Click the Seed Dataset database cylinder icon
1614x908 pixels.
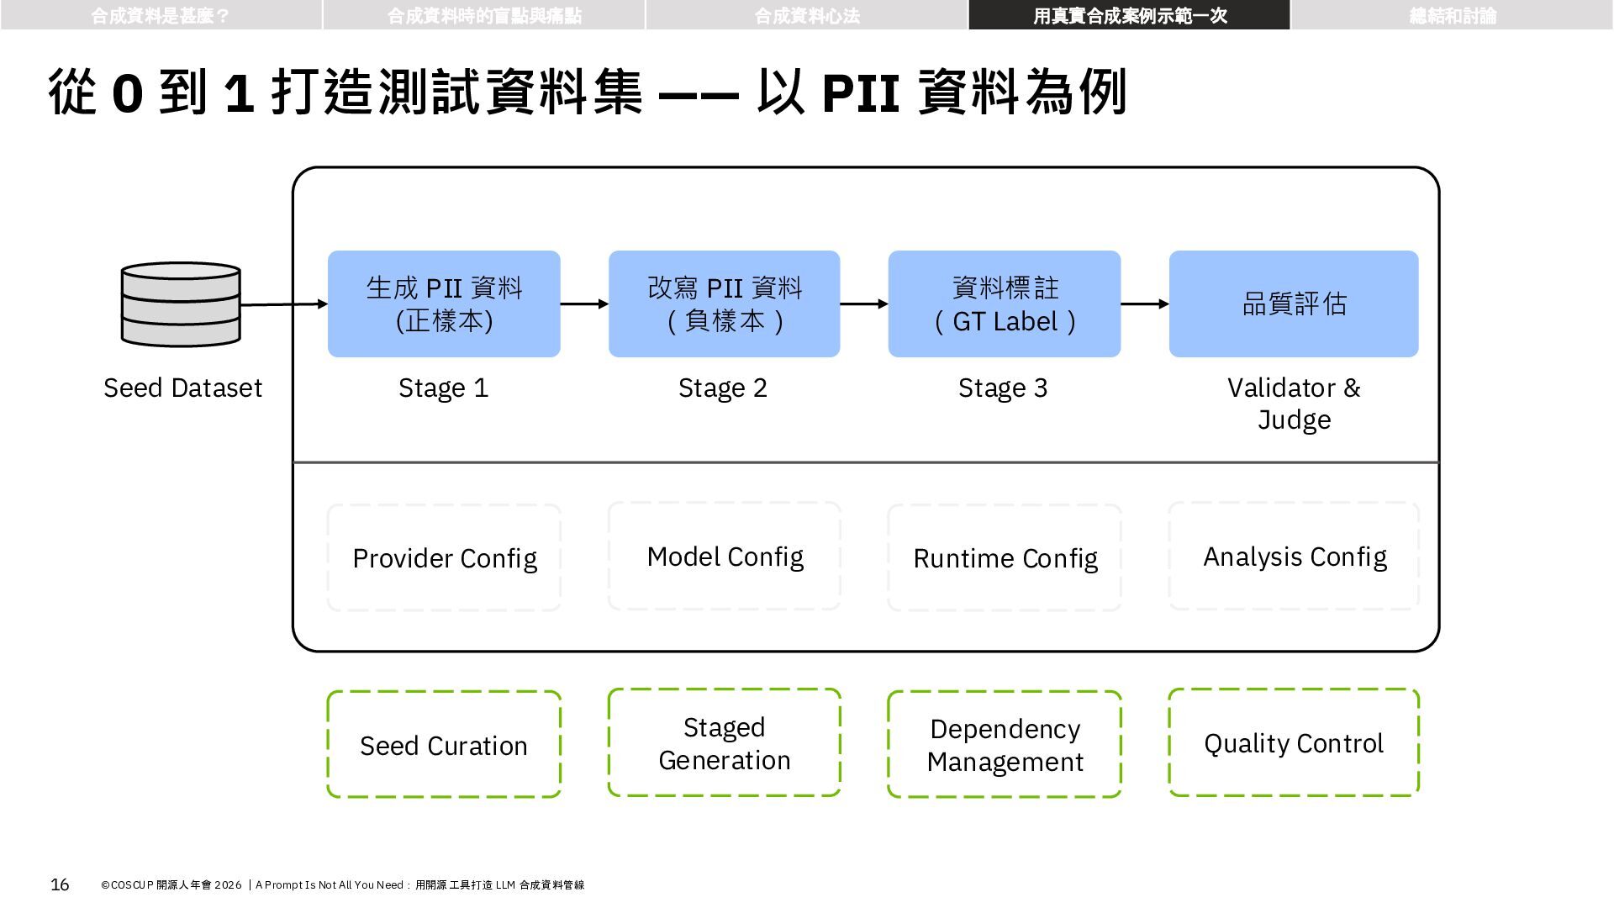[x=181, y=304]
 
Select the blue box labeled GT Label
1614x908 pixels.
[x=1005, y=304]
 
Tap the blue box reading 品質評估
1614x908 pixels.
[x=1294, y=304]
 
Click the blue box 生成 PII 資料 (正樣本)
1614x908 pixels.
[x=444, y=304]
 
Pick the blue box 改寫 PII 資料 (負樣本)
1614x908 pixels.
[x=725, y=304]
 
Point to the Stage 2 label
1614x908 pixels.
[x=723, y=388]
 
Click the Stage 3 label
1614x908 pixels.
[x=1003, y=388]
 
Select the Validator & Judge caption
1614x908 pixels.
[x=1294, y=404]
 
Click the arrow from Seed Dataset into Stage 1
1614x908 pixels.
[x=284, y=304]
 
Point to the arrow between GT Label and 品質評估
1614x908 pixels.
[x=1145, y=304]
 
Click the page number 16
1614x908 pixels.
[x=60, y=884]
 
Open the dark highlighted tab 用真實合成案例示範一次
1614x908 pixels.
[x=1130, y=15]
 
